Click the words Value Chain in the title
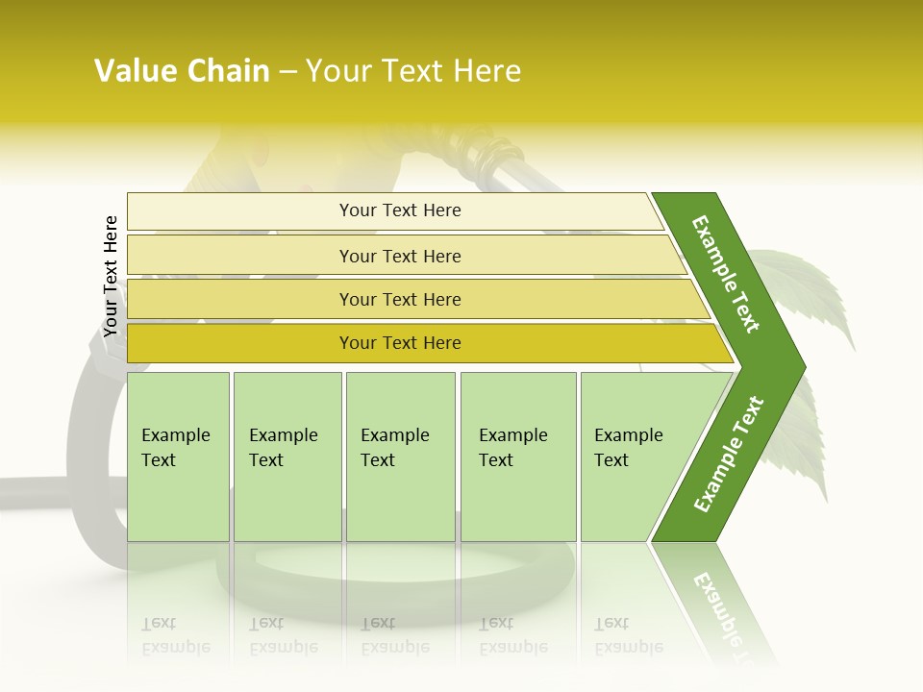point(182,71)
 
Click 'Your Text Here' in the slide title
point(412,71)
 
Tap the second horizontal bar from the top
point(399,256)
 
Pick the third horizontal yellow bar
point(399,299)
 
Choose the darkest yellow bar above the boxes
point(399,343)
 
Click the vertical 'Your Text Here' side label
point(111,276)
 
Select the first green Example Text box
point(178,457)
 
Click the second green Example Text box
point(287,457)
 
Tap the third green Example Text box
point(400,457)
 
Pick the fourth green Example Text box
point(517,457)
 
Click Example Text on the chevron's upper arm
point(725,273)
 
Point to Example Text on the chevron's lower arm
point(728,455)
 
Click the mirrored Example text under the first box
point(175,636)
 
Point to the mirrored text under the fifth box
point(628,636)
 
